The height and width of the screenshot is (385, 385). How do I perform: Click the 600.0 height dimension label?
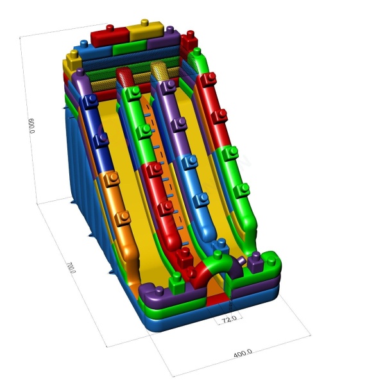click(x=31, y=126)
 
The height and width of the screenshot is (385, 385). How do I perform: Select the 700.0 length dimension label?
click(x=71, y=268)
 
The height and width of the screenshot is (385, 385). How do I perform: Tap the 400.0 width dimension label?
click(x=243, y=354)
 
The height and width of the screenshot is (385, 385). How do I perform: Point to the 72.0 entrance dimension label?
click(x=229, y=319)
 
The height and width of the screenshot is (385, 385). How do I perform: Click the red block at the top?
click(x=110, y=37)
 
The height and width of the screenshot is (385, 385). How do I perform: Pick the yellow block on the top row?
click(x=146, y=30)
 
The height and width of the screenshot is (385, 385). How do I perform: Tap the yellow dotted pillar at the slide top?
click(x=160, y=71)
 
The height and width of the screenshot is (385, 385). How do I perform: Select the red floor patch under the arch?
click(x=218, y=299)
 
